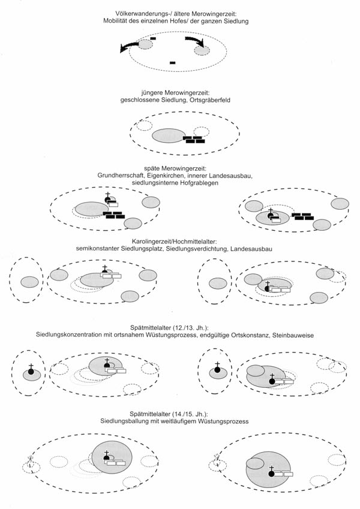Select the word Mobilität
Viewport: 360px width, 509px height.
[119, 22]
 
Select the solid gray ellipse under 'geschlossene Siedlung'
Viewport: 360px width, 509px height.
[169, 135]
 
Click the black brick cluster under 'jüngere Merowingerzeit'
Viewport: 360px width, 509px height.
[194, 140]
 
